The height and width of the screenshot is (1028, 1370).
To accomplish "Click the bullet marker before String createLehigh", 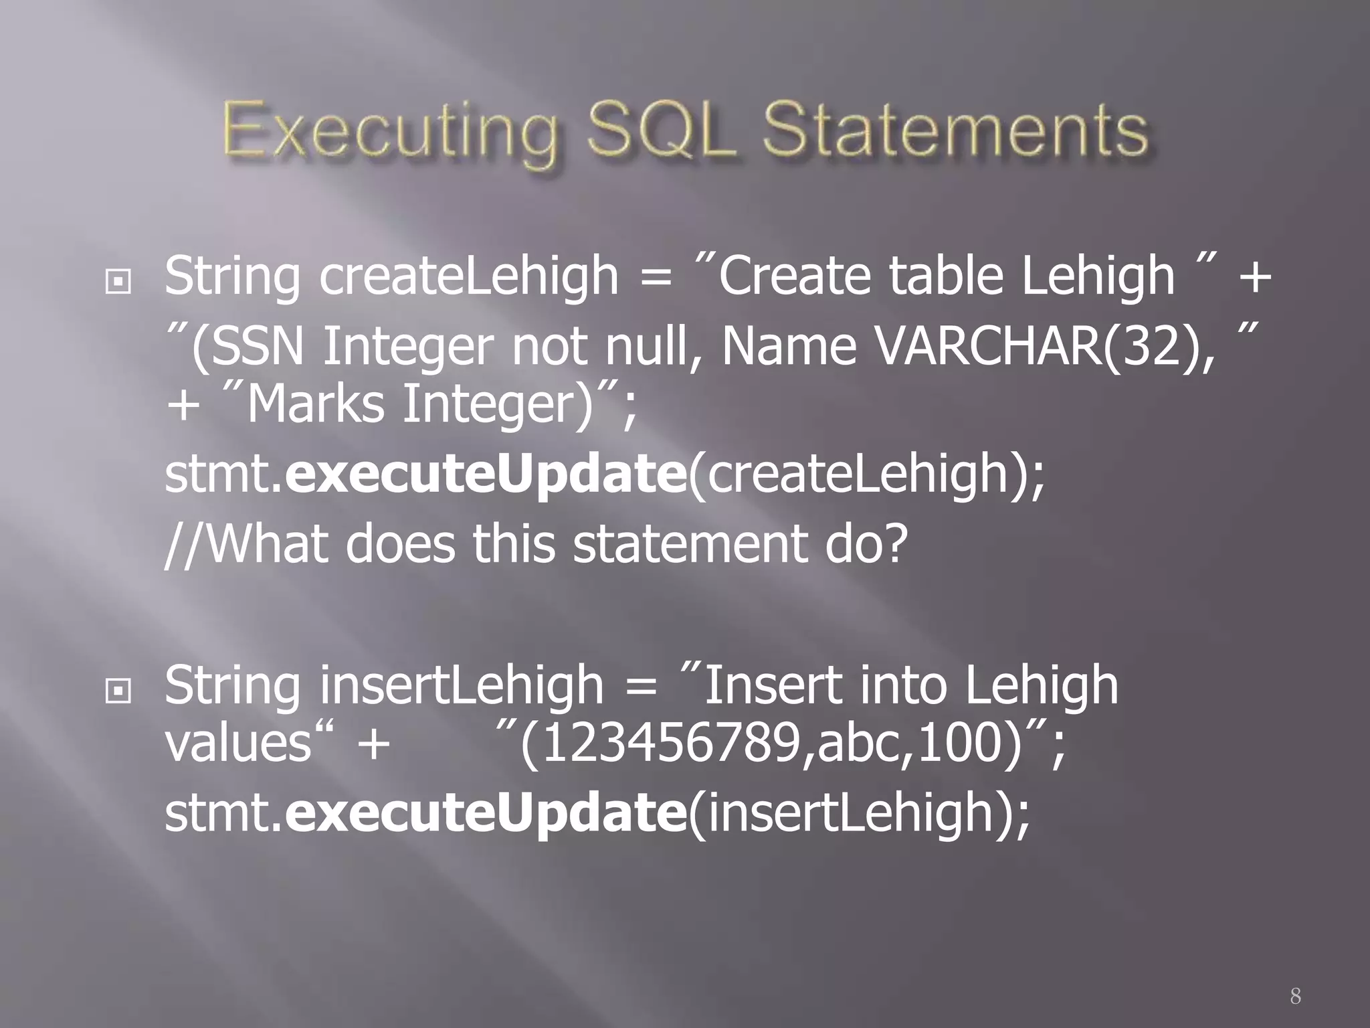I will coord(118,282).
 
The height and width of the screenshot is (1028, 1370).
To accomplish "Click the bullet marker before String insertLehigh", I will coord(118,692).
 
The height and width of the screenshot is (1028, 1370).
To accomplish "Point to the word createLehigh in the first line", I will coord(468,276).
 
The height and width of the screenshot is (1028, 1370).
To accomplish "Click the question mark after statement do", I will coord(892,543).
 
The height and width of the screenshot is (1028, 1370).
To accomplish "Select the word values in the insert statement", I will coord(238,744).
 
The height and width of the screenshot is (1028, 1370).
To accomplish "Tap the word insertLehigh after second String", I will coord(462,685).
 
